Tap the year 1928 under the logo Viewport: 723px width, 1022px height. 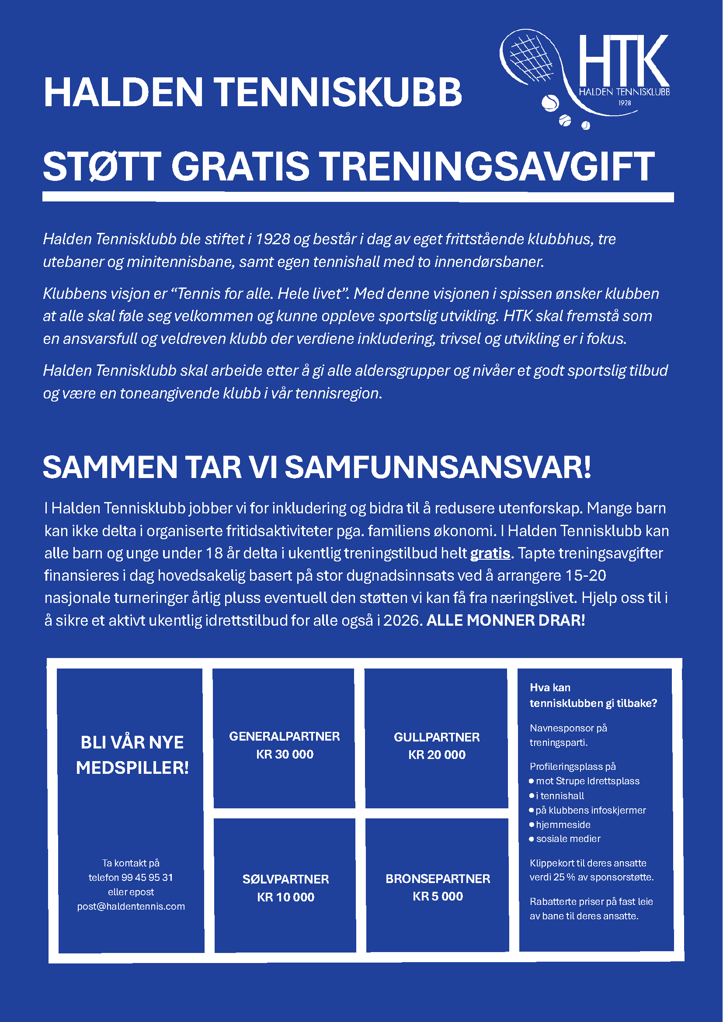pyautogui.click(x=625, y=103)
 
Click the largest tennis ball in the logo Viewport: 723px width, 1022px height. pyautogui.click(x=550, y=103)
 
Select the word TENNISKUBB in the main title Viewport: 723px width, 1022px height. pyautogui.click(x=339, y=92)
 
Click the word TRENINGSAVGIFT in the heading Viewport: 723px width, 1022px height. pyautogui.click(x=487, y=166)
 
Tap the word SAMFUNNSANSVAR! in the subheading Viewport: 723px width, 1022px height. pyautogui.click(x=438, y=468)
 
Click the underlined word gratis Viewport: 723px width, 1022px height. pyautogui.click(x=490, y=553)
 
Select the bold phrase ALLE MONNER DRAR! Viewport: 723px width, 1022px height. pyautogui.click(x=506, y=620)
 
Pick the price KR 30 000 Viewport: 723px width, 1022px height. pyautogui.click(x=285, y=754)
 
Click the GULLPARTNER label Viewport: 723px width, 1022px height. pyautogui.click(x=437, y=737)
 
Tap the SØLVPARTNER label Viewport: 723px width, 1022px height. pyautogui.click(x=286, y=879)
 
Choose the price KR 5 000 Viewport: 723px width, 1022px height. pyautogui.click(x=438, y=896)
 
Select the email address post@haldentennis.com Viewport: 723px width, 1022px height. pyautogui.click(x=131, y=906)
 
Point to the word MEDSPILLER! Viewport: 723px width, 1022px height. pyautogui.click(x=132, y=768)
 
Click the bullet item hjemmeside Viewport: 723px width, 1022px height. pyautogui.click(x=563, y=825)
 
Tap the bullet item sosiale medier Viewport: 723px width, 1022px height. pyautogui.click(x=568, y=839)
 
